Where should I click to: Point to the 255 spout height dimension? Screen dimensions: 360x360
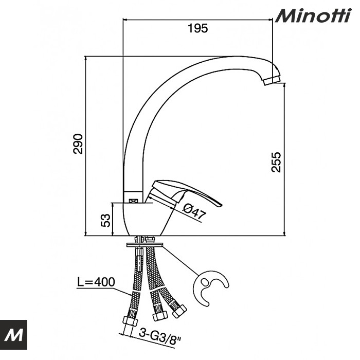point(276,162)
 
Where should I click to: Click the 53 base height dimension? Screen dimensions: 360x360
point(105,220)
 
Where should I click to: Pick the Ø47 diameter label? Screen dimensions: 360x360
point(194,211)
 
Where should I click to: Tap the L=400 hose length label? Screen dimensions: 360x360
point(96,282)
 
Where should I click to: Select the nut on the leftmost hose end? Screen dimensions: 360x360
point(130,323)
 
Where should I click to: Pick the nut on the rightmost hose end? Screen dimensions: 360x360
point(179,310)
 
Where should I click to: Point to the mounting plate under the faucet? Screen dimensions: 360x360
point(144,243)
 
